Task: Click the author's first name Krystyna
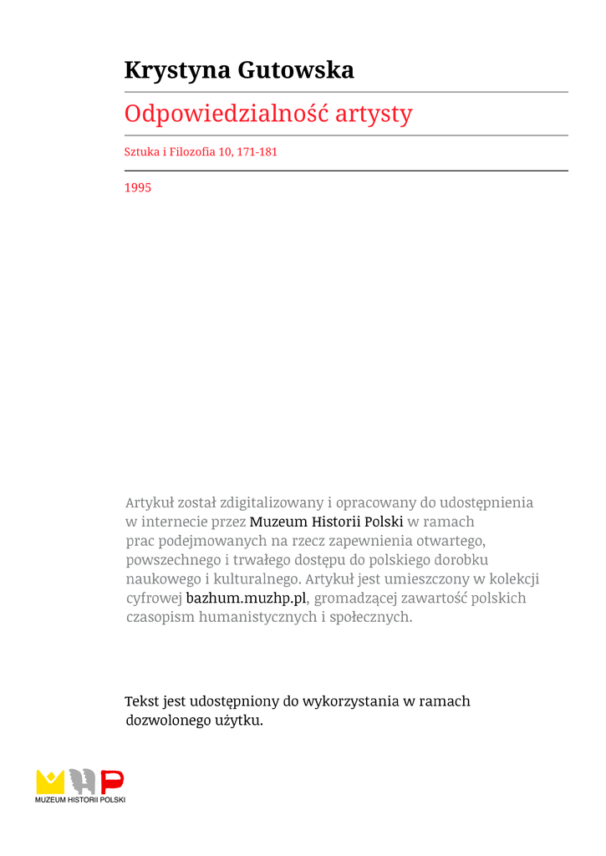(x=177, y=71)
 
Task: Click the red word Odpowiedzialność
(x=226, y=114)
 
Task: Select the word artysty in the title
(x=374, y=114)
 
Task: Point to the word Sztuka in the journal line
(x=141, y=152)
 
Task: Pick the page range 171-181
(x=257, y=152)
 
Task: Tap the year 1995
(x=138, y=188)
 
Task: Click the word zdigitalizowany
(x=271, y=502)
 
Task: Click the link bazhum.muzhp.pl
(x=247, y=599)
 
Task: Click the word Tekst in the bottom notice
(x=141, y=701)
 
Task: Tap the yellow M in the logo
(x=50, y=782)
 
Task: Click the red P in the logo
(x=112, y=782)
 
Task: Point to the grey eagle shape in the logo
(x=82, y=782)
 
